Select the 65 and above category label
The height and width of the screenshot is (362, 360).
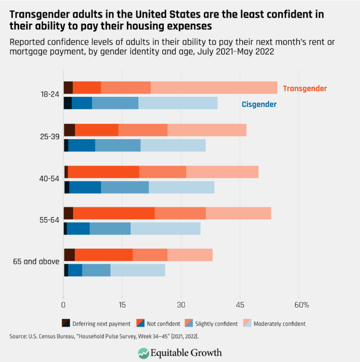[x=36, y=261]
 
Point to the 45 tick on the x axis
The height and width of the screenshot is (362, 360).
[x=240, y=305]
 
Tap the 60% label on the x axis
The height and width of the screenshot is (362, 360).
[x=301, y=305]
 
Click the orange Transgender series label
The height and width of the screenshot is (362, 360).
[x=305, y=89]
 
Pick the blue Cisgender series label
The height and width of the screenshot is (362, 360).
[x=259, y=104]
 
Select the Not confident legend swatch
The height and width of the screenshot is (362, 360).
[x=141, y=323]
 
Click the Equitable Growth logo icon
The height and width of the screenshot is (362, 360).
[x=143, y=352]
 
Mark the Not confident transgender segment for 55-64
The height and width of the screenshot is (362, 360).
[x=114, y=213]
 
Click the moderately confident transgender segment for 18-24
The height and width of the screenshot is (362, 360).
[x=214, y=88]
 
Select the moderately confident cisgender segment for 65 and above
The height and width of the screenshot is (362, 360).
[x=138, y=270]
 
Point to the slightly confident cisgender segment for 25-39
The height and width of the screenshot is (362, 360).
[x=118, y=146]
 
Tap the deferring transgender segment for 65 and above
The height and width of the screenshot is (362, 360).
[x=69, y=254]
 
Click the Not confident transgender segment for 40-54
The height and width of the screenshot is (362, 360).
[x=104, y=172]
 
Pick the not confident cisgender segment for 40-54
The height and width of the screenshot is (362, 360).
[x=85, y=187]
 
